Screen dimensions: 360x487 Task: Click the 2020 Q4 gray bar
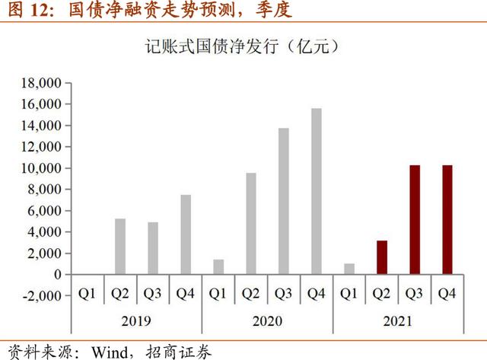click(x=316, y=191)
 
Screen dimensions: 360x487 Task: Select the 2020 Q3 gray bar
click(x=283, y=201)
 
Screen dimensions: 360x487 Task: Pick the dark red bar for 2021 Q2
click(x=381, y=257)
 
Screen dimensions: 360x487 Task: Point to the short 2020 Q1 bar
click(x=218, y=266)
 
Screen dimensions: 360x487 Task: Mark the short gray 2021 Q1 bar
click(x=349, y=269)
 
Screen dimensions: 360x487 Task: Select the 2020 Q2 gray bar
click(x=251, y=223)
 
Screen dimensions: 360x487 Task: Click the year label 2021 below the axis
click(x=398, y=320)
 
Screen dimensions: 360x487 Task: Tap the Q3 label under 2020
click(x=283, y=293)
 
